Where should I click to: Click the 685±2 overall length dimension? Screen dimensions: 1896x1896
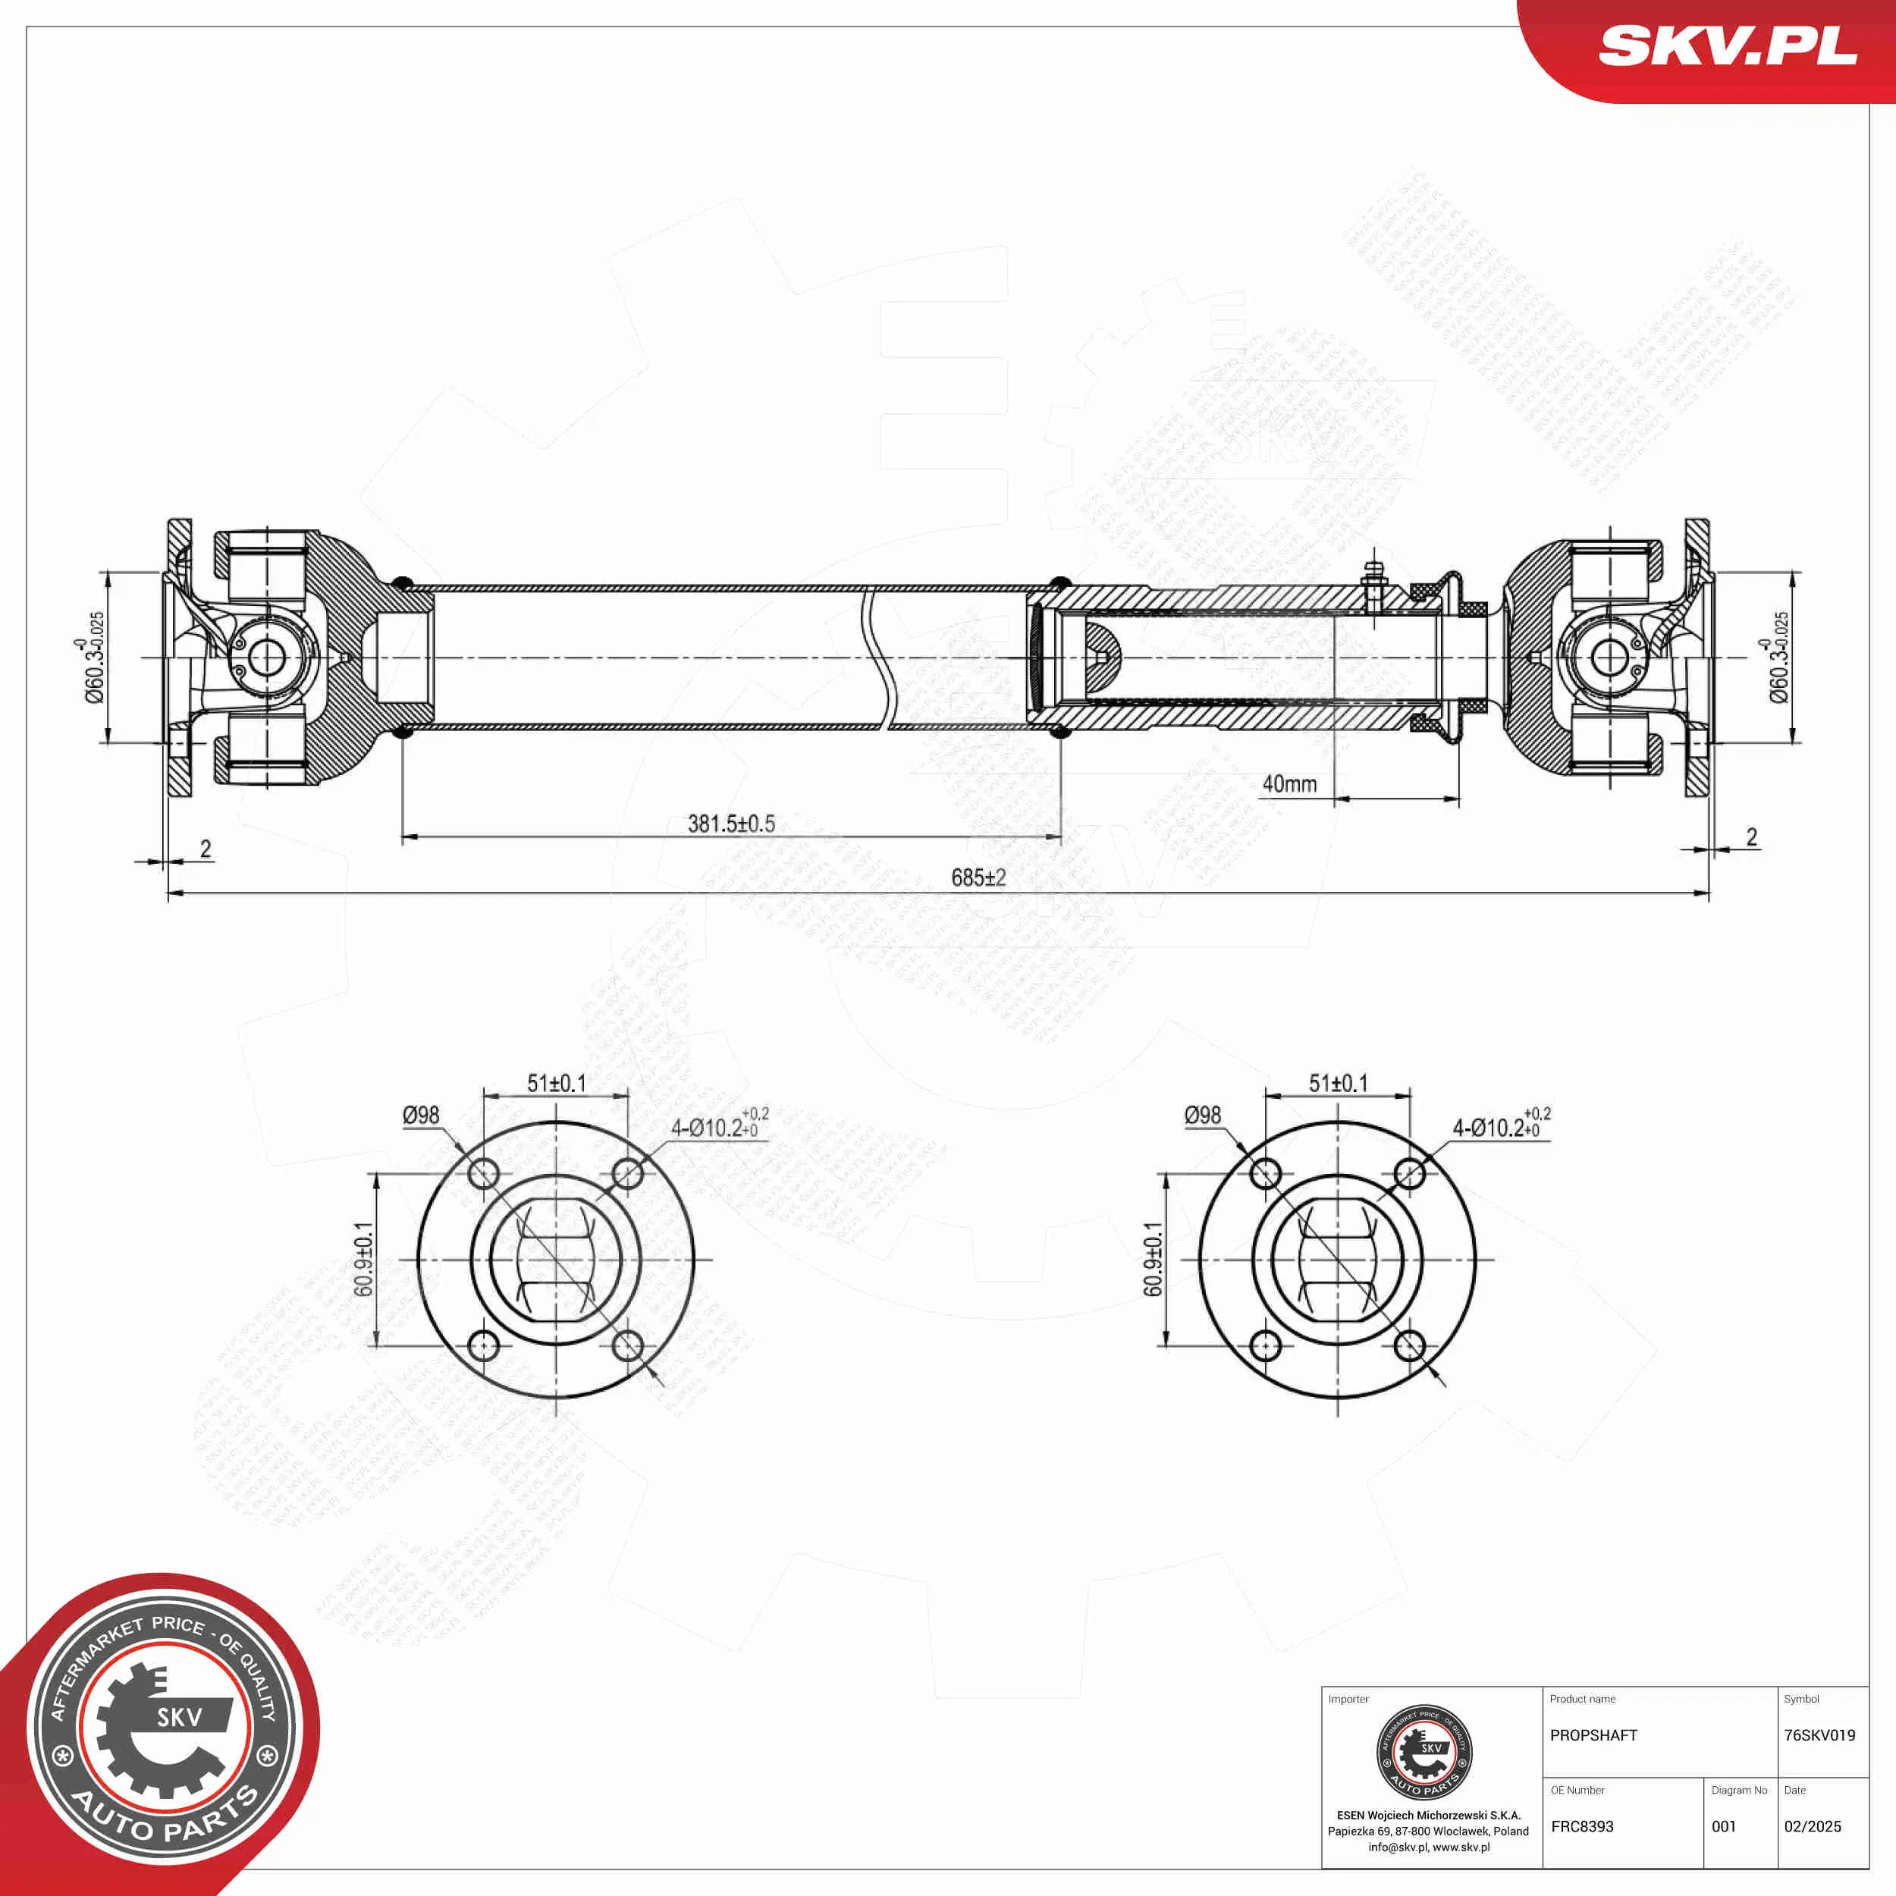tap(978, 877)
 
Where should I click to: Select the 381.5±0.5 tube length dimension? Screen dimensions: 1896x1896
tap(731, 824)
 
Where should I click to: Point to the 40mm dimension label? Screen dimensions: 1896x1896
tap(1289, 783)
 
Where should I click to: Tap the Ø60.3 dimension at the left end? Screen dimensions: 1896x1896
tap(94, 657)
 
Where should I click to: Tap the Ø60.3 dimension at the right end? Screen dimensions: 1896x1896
tap(1778, 657)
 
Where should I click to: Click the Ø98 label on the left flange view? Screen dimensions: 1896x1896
tap(421, 1115)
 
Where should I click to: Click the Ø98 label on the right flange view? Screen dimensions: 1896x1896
tap(1202, 1115)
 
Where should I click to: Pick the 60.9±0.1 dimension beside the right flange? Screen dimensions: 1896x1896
tap(1153, 1259)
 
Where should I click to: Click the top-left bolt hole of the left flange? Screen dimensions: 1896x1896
tap(484, 1172)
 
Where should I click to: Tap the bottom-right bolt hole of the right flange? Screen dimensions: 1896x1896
tap(1409, 1345)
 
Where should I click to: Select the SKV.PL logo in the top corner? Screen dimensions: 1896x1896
tap(1727, 46)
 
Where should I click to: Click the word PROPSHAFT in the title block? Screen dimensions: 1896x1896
tap(1593, 1735)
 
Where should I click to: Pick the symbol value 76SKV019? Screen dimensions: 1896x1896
tap(1819, 1735)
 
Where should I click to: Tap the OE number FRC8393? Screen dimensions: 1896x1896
tap(1582, 1826)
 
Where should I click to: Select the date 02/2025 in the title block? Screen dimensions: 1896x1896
tap(1813, 1826)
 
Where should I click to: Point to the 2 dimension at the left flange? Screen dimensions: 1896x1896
tap(205, 849)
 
